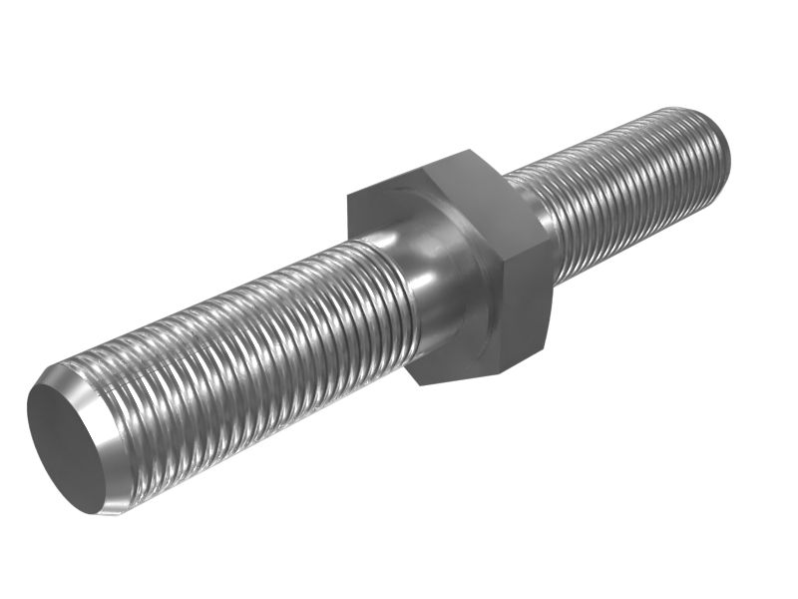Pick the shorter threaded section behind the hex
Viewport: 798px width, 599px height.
[x=628, y=190]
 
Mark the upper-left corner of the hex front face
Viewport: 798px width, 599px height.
[x=348, y=192]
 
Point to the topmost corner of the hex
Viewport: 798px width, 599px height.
[x=469, y=151]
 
